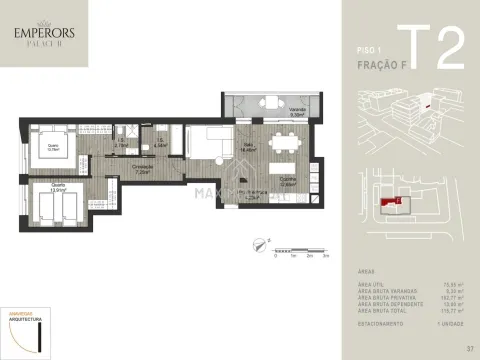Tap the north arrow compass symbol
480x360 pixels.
click(x=259, y=238)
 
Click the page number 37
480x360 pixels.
click(x=468, y=348)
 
